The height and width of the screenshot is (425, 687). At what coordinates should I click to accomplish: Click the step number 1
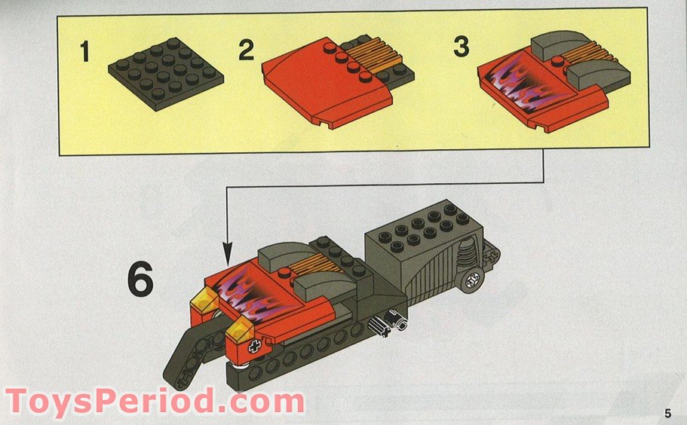85,54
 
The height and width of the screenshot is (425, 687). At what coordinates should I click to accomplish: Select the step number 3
462,46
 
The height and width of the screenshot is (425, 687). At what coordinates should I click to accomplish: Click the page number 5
667,412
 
